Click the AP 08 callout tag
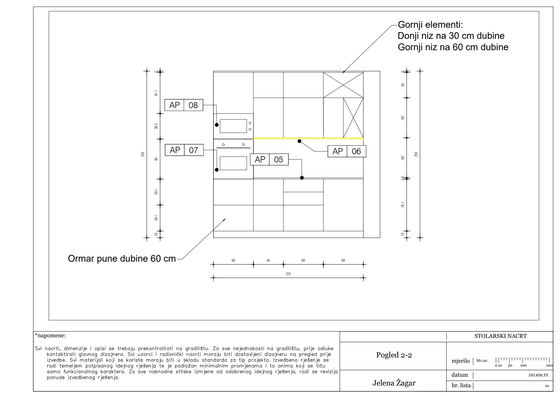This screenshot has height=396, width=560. coord(184,105)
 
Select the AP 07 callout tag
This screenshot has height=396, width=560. coord(184,150)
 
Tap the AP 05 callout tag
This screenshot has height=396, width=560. coord(269,159)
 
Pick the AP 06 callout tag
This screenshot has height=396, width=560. coord(347,151)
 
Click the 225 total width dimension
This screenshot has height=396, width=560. coord(288,274)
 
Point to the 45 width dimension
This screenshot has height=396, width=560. coord(268,260)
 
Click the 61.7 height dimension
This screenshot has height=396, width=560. coord(156,93)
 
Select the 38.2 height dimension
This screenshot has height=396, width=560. coord(156,126)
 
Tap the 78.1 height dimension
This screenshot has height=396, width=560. coord(403,205)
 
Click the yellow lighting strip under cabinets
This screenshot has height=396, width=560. coord(308,138)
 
